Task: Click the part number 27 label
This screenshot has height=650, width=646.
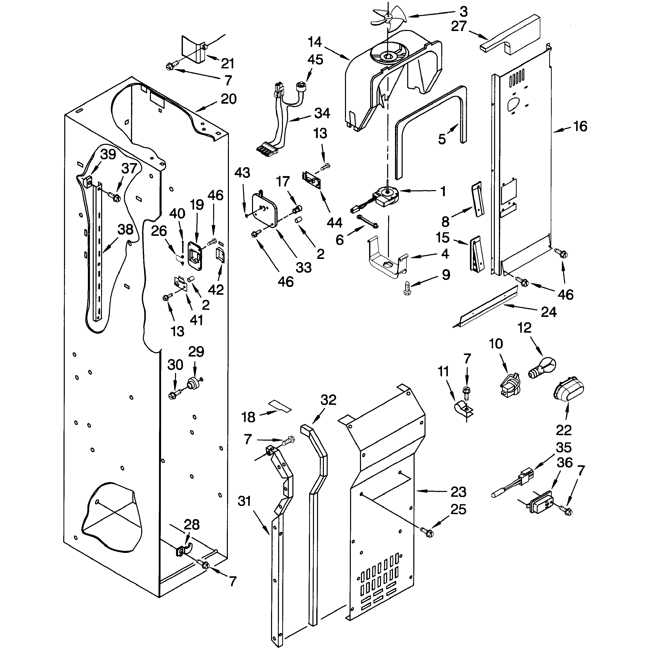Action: pyautogui.click(x=459, y=27)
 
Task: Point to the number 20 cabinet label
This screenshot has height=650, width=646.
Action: pyautogui.click(x=228, y=99)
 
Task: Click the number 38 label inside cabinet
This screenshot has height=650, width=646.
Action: pyautogui.click(x=125, y=229)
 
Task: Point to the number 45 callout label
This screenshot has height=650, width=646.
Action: pyautogui.click(x=315, y=60)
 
